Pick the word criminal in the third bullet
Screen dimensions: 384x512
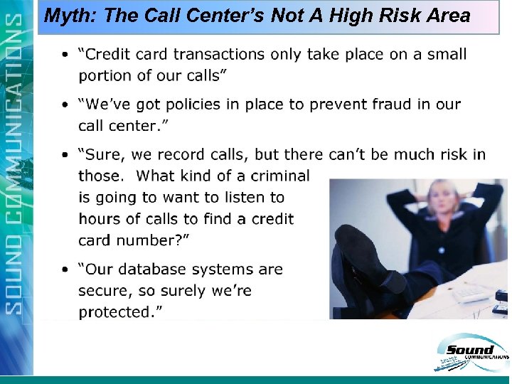(277, 176)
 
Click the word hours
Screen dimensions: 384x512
(100, 218)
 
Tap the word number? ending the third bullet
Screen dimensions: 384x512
(154, 240)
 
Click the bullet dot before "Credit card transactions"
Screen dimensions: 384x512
(65, 55)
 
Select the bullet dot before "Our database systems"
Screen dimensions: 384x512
(65, 270)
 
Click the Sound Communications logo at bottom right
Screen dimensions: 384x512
(470, 353)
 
